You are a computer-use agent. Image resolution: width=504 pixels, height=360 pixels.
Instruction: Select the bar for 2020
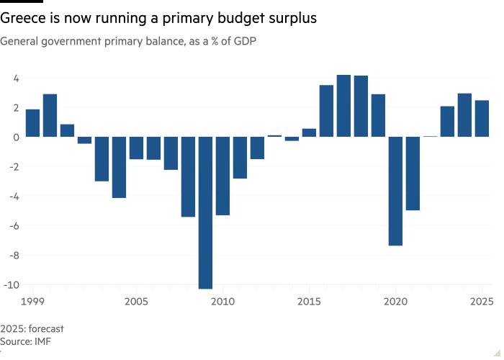395,191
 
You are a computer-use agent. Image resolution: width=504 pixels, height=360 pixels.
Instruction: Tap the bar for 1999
33,122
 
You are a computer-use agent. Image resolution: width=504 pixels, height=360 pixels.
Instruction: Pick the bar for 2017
343,106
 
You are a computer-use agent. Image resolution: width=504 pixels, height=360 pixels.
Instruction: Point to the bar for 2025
482,118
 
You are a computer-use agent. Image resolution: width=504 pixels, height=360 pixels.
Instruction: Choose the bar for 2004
120,166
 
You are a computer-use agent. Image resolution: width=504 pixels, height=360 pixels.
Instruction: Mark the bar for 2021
413,174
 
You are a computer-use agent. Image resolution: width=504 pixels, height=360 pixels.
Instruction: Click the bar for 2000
50,115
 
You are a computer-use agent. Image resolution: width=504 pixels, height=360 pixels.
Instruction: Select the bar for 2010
223,176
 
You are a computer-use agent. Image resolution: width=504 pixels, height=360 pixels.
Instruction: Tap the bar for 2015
309,132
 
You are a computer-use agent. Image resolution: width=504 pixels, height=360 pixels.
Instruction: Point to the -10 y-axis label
12,284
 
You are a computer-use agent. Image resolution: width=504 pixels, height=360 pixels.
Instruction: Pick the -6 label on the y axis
14,225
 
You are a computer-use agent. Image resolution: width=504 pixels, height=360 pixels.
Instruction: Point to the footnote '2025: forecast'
32,328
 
